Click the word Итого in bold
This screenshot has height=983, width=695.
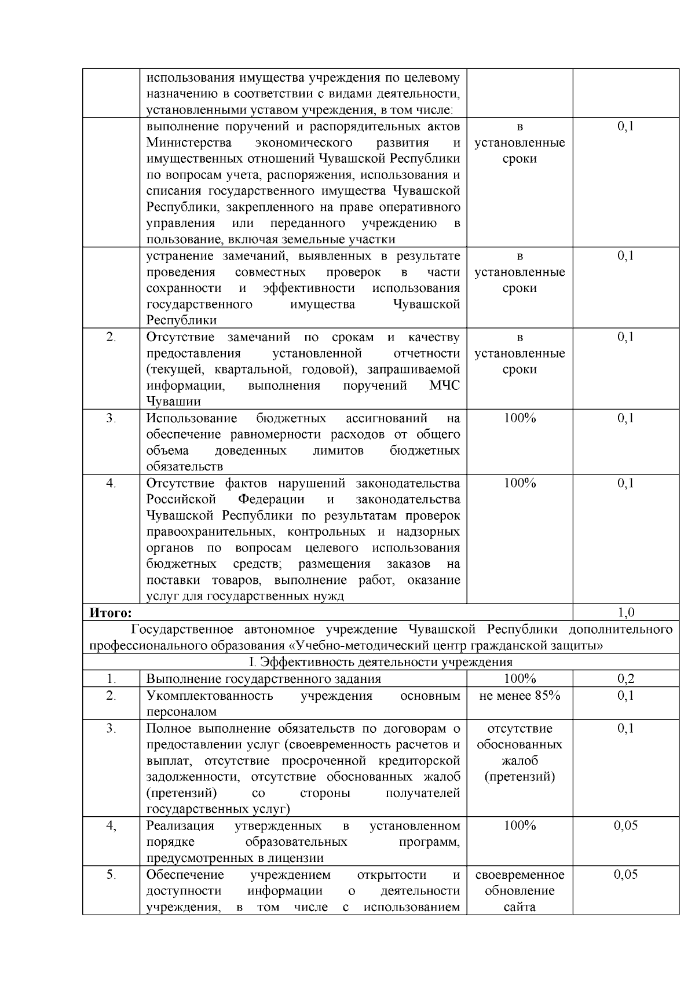pyautogui.click(x=110, y=612)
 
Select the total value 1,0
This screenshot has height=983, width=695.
pyautogui.click(x=626, y=612)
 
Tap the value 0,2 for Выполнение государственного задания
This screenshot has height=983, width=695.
pyautogui.click(x=626, y=679)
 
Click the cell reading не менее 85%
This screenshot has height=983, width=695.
pyautogui.click(x=520, y=696)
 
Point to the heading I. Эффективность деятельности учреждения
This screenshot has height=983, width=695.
pyautogui.click(x=381, y=662)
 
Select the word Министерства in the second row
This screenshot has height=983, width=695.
pyautogui.click(x=189, y=142)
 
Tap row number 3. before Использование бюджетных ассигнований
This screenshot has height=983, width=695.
pyautogui.click(x=111, y=418)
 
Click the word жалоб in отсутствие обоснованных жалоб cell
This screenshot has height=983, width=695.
pyautogui.click(x=520, y=761)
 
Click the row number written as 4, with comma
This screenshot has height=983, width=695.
pyautogui.click(x=111, y=826)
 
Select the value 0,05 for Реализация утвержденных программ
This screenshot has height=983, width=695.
pyautogui.click(x=626, y=826)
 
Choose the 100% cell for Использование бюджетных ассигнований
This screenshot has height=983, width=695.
pyautogui.click(x=520, y=418)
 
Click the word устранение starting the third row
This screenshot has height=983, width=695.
pyautogui.click(x=180, y=256)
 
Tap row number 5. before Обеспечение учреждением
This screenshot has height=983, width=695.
pyautogui.click(x=111, y=875)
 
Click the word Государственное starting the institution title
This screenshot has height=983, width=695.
pyautogui.click(x=182, y=630)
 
